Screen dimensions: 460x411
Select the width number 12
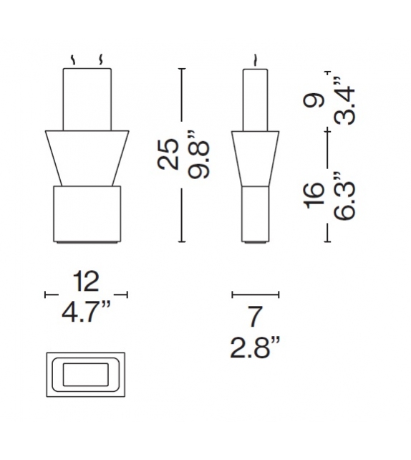(x=86, y=282)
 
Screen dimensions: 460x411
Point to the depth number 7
(x=255, y=316)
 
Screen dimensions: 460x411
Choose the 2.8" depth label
(x=255, y=349)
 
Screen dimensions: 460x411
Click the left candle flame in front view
(x=72, y=59)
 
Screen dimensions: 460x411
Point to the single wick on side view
(x=255, y=59)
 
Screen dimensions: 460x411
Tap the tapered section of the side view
(x=256, y=158)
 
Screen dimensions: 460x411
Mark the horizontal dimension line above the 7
(x=256, y=294)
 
